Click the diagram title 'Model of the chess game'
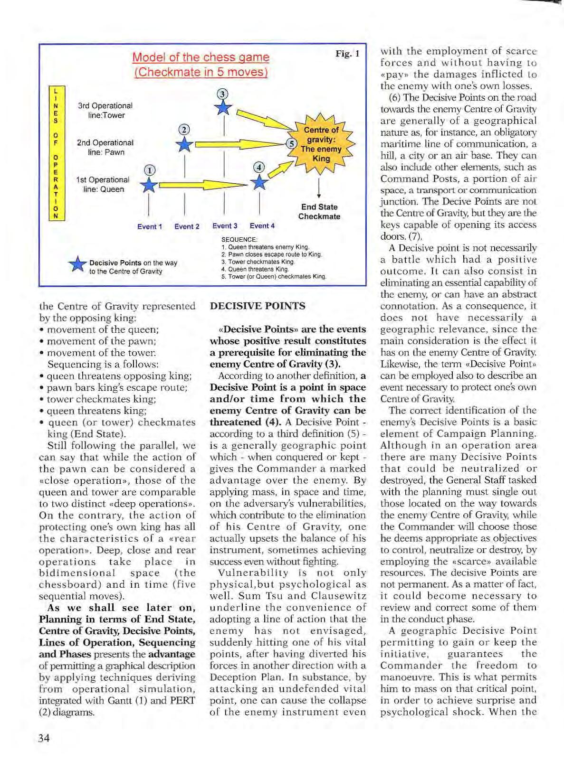tap(201, 57)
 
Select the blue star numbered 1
tap(149, 185)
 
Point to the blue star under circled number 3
tap(223, 107)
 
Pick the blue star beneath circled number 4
tap(259, 182)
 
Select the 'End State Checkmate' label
tap(319, 212)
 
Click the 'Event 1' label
tap(150, 226)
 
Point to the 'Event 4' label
tap(262, 226)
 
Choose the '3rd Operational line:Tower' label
tap(105, 111)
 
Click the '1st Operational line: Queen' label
tap(103, 184)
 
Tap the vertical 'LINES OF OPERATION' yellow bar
tap(56, 153)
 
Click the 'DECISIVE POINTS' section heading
tap(258, 306)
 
